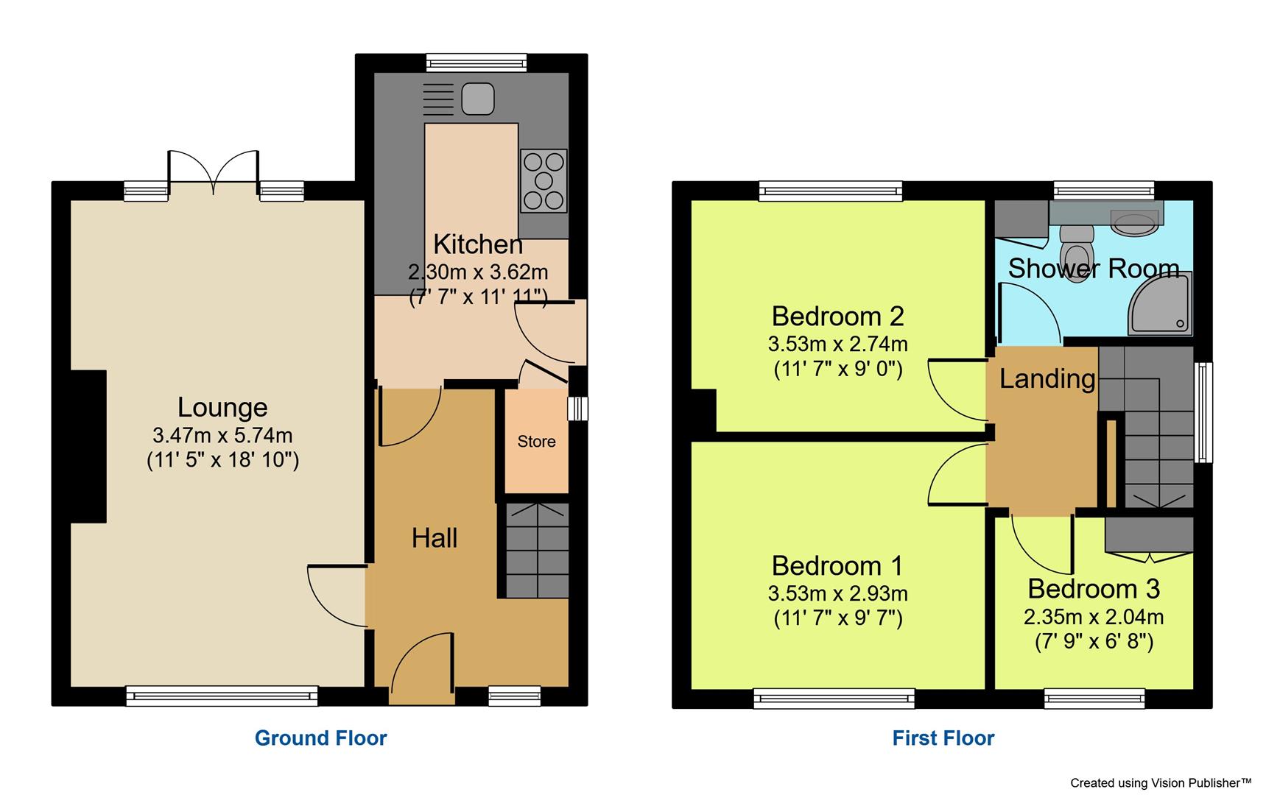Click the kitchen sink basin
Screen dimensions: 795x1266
[478, 99]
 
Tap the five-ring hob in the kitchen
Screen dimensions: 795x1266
[544, 180]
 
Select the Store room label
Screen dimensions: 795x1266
[536, 442]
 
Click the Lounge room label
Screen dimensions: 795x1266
[222, 407]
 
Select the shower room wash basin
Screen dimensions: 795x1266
[1135, 222]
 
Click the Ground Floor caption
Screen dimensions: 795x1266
[320, 738]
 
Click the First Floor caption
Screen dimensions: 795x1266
[943, 738]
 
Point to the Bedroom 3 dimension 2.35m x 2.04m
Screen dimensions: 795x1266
[1093, 617]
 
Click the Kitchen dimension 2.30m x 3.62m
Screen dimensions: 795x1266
[478, 272]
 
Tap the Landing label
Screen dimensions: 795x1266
[1047, 378]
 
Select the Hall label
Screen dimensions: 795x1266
[434, 538]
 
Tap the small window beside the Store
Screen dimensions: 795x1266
[578, 409]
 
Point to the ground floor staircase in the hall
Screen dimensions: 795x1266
[537, 550]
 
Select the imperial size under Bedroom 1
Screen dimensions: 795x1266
[837, 618]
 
